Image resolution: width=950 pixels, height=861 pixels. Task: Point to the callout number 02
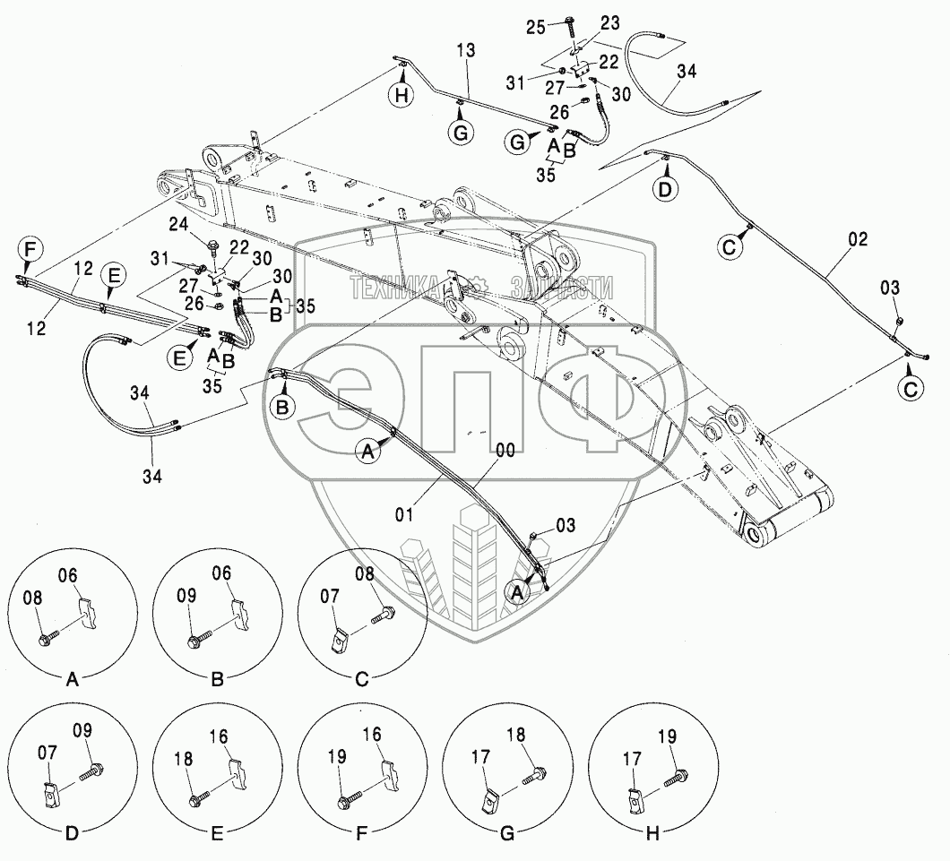(858, 240)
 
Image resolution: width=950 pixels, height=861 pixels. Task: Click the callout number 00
(505, 452)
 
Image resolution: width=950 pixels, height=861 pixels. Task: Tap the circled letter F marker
(29, 248)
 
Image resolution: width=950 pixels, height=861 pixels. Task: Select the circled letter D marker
(664, 190)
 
